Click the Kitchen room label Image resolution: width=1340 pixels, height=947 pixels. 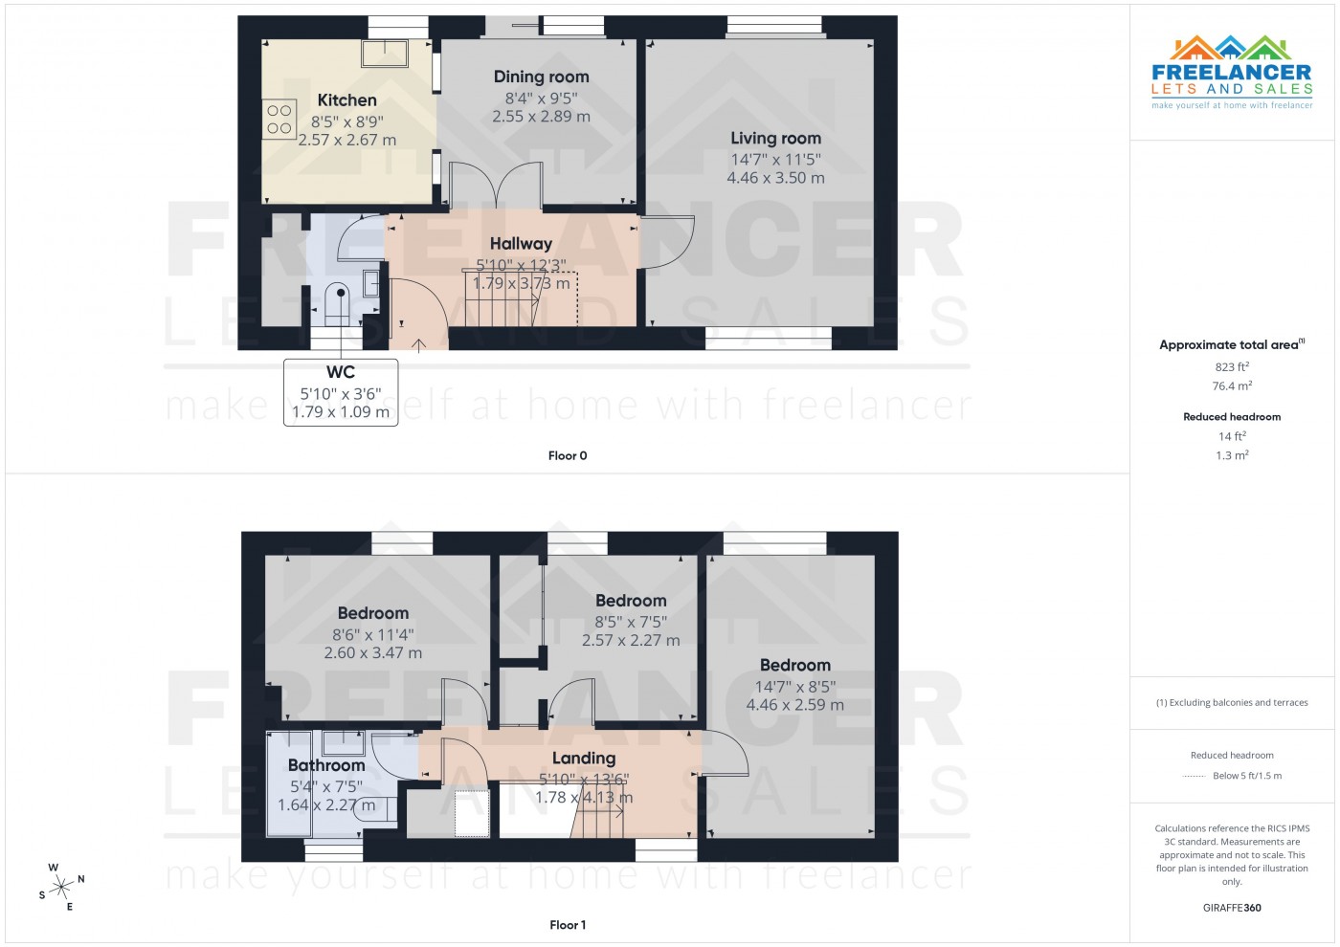[346, 100]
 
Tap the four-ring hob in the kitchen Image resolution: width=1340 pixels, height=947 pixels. [279, 120]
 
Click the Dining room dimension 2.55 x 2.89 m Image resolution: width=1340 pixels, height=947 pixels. [541, 117]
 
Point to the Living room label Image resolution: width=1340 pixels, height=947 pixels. [775, 138]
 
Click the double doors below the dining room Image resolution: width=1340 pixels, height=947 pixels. [496, 186]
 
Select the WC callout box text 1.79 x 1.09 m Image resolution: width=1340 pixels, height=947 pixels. [341, 412]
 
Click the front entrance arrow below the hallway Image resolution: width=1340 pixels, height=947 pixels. [418, 343]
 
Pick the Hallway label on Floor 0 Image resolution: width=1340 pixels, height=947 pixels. [521, 244]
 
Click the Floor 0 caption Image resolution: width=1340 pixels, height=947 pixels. [568, 456]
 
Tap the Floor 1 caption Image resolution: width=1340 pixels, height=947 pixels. [568, 925]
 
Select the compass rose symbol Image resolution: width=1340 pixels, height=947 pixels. [61, 887]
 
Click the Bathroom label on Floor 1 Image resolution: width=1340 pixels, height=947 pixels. [326, 765]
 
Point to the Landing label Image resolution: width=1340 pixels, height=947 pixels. [583, 759]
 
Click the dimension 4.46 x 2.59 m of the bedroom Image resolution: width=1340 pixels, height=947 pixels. [794, 705]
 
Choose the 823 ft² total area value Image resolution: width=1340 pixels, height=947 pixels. [1232, 366]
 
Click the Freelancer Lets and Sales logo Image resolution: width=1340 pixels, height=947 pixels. [1232, 73]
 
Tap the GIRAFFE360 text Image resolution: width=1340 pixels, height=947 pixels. [1232, 908]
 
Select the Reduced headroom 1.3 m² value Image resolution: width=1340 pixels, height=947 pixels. [1232, 455]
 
